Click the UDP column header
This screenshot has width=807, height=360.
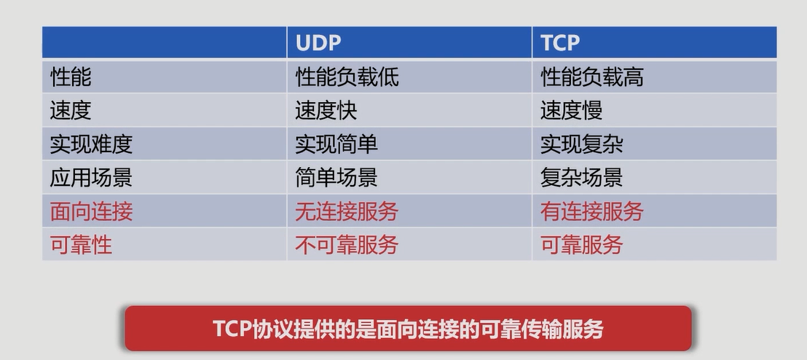(x=318, y=43)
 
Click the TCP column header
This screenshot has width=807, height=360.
(x=560, y=43)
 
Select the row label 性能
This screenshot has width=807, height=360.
(x=71, y=77)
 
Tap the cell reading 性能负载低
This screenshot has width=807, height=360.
(x=347, y=77)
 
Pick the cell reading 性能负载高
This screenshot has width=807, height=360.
(x=592, y=77)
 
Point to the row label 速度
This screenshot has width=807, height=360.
(x=71, y=110)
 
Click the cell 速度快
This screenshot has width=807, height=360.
(x=326, y=110)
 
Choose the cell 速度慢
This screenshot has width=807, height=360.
(x=572, y=110)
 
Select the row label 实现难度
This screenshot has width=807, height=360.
(x=91, y=144)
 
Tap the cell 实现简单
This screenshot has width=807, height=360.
(x=336, y=144)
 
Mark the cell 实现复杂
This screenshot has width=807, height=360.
(x=582, y=144)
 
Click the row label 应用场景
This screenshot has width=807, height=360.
(x=91, y=177)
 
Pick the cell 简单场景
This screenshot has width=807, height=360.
(x=336, y=177)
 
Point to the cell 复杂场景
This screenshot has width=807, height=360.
(x=582, y=177)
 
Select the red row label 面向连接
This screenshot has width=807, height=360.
(x=91, y=211)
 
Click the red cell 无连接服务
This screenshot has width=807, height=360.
(x=347, y=211)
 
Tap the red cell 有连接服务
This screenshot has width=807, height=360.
(x=592, y=211)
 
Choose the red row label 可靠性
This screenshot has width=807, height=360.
(x=81, y=245)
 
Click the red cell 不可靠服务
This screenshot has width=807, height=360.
(x=347, y=245)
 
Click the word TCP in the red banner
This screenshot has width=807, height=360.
(x=232, y=329)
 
